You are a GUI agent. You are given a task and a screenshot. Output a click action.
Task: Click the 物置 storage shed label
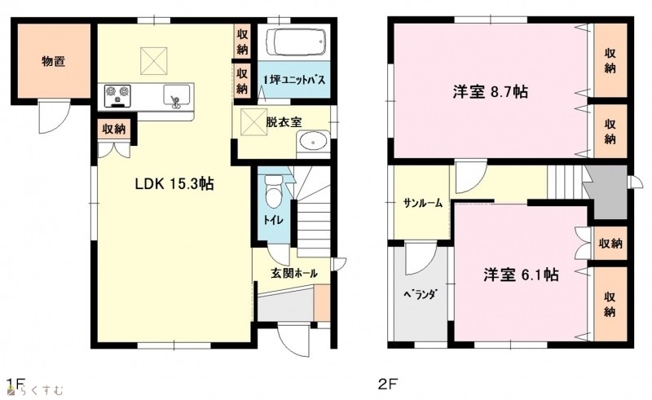point(53,62)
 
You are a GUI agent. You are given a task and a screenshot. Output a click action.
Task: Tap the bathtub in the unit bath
point(296,42)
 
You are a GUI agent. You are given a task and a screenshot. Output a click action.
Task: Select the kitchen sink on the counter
point(177,96)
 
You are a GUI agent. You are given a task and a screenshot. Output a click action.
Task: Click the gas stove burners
point(117,95)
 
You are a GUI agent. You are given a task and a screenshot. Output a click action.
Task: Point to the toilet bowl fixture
point(273,191)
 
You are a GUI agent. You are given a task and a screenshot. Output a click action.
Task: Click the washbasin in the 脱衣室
point(313,142)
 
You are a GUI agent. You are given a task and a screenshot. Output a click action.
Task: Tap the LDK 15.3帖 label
point(174,183)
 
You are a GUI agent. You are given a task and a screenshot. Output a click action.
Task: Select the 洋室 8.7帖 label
point(491,91)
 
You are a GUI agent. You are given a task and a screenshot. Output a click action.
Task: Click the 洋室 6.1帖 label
point(521,275)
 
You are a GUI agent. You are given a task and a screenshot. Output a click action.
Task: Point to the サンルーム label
point(422,204)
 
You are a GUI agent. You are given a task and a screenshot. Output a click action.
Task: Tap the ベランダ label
point(420,294)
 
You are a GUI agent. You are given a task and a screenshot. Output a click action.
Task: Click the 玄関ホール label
point(294,273)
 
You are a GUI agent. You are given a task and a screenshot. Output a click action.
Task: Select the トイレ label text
point(273,219)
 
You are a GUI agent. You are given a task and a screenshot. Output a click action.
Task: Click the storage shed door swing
point(54,116)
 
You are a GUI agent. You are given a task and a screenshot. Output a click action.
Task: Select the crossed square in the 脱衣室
point(253,122)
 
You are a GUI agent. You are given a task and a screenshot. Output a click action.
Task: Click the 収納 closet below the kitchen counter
point(113,130)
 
